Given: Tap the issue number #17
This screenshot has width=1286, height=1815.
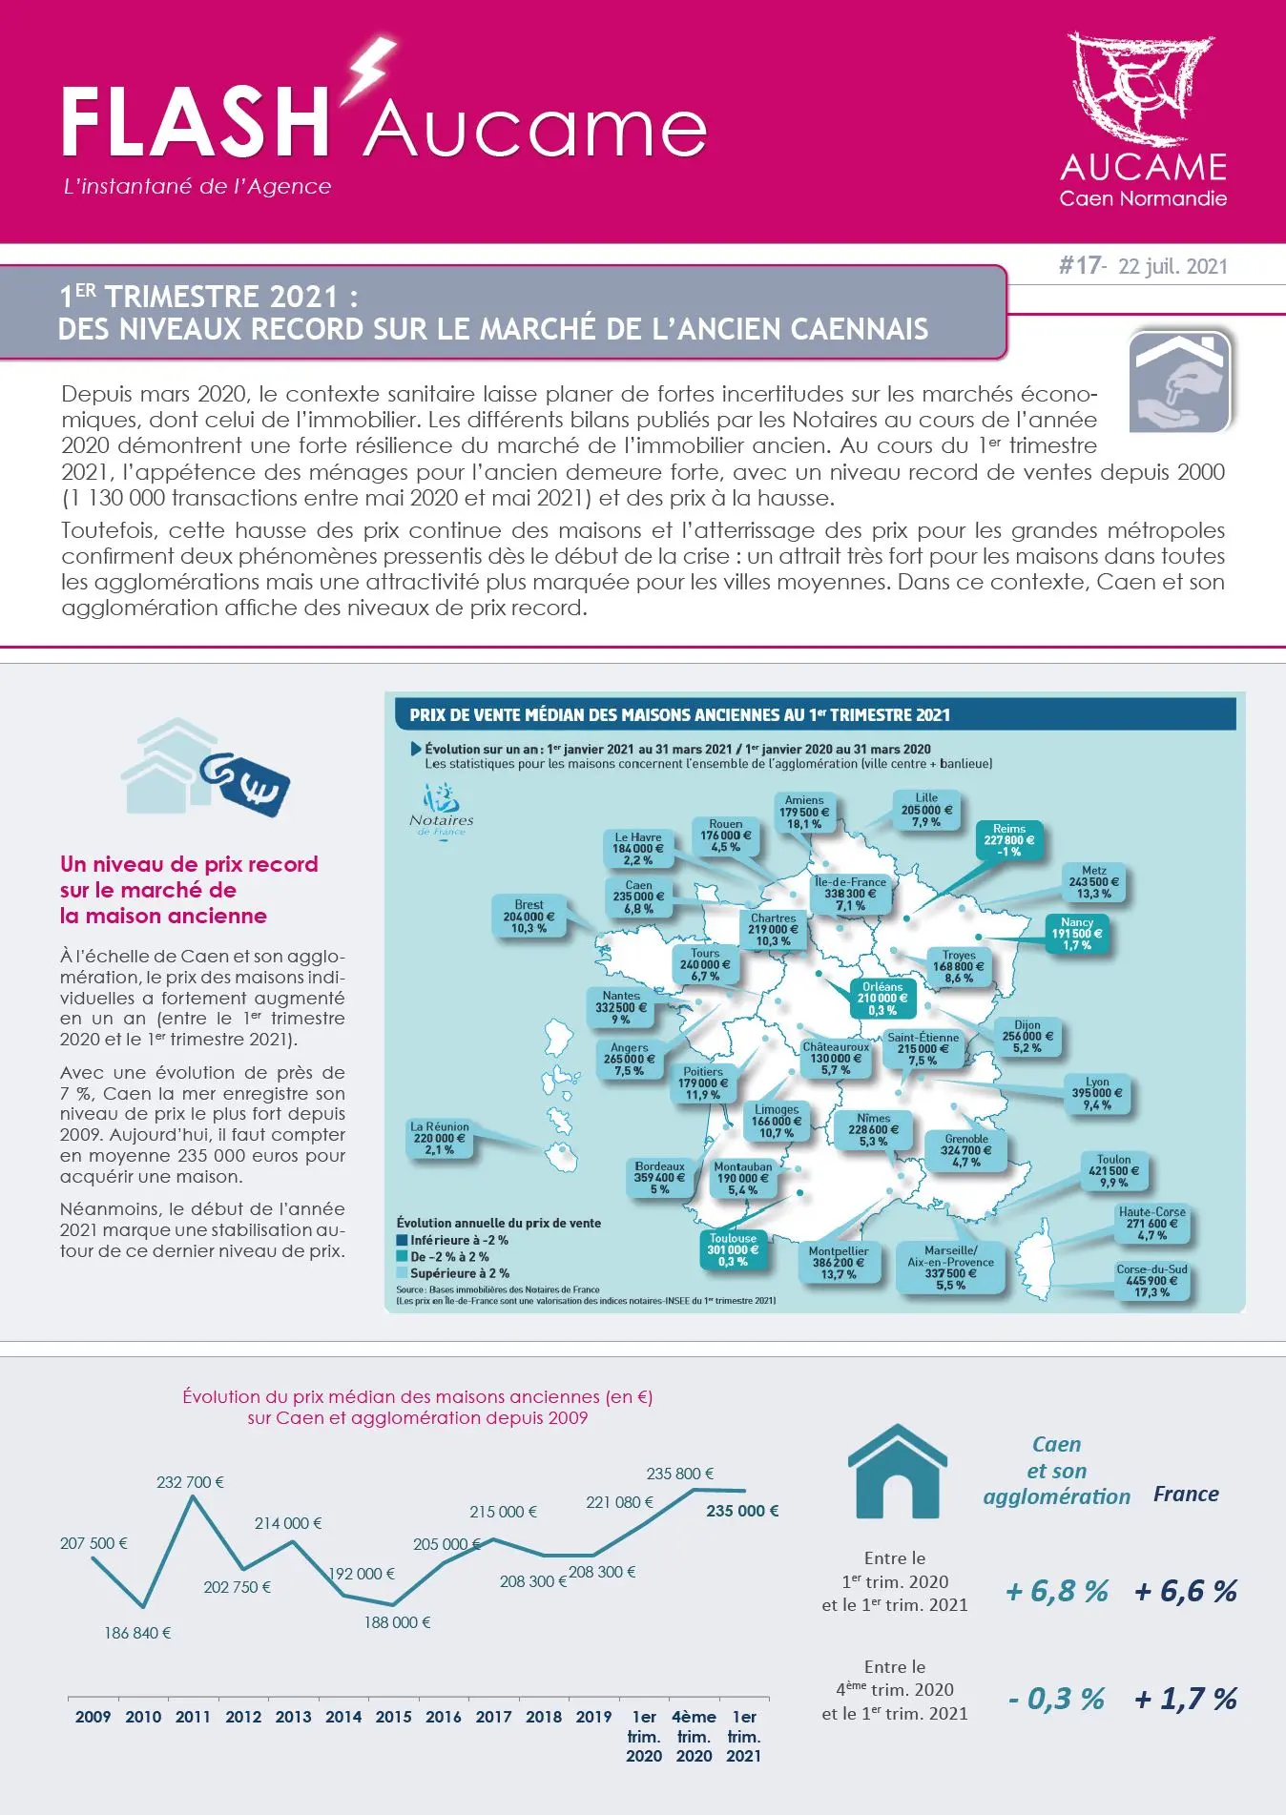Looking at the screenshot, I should coord(1080,265).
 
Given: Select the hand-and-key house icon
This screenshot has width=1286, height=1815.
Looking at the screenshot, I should coord(1180,382).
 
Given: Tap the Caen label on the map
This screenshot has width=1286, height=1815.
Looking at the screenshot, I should coord(638,897).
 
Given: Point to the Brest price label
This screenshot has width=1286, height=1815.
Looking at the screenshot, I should coord(529,917).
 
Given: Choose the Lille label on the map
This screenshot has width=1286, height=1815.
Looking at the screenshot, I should coord(926,810).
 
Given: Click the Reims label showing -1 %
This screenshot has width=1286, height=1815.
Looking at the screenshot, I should coord(1009,840).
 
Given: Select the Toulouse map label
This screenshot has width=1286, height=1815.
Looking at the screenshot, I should coord(733,1249).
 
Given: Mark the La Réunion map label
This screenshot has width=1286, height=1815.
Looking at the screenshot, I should coord(440,1138).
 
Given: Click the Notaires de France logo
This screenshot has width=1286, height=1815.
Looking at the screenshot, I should coord(441,810).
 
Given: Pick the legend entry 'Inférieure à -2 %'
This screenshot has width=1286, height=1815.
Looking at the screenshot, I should coord(452,1240).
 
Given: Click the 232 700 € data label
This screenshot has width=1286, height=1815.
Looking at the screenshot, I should coord(190,1482).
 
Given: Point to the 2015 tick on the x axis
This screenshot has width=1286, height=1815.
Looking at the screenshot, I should coord(393,1717).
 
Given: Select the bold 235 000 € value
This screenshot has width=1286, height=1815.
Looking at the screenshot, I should coord(742,1511).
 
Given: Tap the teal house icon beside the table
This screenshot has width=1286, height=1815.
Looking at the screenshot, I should coord(897,1471).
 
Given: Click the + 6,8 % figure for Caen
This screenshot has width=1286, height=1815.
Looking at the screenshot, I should coord(1057,1591).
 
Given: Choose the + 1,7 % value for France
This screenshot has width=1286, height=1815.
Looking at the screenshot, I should coord(1186,1699).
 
